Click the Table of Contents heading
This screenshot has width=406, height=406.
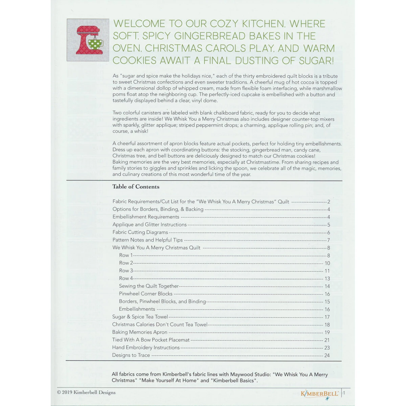(136, 187)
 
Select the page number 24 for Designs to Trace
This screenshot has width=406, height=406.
(327, 355)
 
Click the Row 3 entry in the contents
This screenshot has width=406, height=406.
(126, 271)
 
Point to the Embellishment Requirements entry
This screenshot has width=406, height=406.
(146, 217)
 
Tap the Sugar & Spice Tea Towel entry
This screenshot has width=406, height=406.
(140, 317)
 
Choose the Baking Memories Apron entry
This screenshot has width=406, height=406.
(140, 332)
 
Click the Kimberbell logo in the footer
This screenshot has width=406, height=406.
(320, 393)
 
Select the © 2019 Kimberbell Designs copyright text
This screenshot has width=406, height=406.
(87, 392)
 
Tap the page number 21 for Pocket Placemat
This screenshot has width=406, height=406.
(327, 340)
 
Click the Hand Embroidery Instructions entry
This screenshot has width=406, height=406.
(146, 347)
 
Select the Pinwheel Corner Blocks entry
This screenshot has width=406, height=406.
(145, 294)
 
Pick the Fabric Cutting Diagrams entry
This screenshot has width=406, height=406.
(140, 232)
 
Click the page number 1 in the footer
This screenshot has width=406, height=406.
(344, 393)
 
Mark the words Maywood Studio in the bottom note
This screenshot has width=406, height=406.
(248, 375)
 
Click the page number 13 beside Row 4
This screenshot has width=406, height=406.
(327, 278)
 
